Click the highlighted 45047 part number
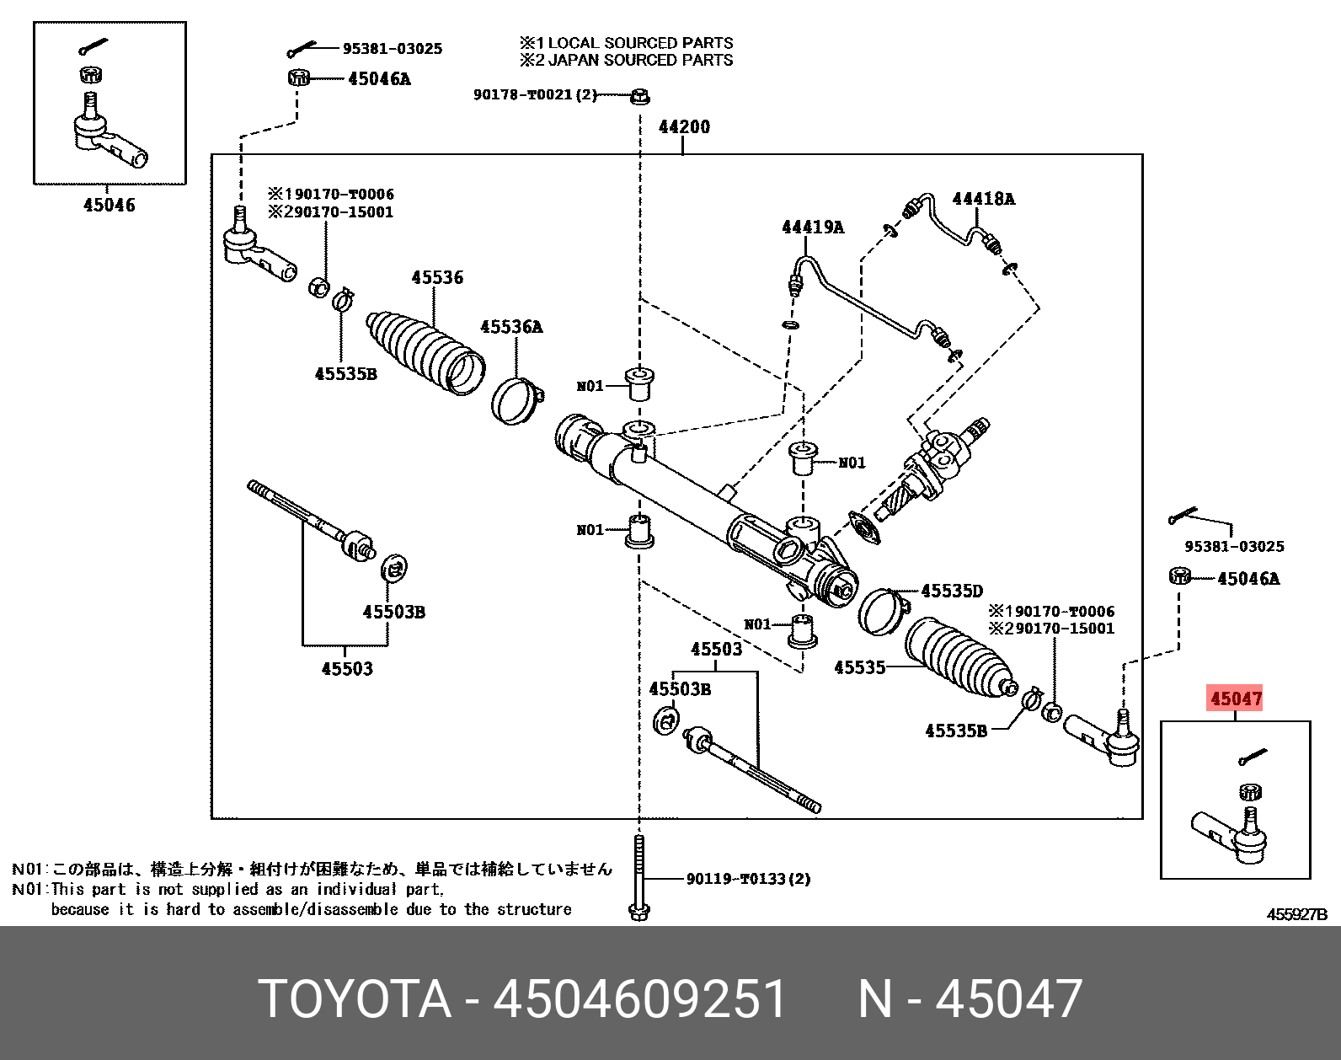tap(1236, 699)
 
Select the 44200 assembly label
tap(684, 127)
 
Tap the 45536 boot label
tap(436, 277)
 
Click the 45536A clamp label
tap(511, 326)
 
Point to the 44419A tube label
tap(812, 227)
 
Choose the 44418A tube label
tap(983, 199)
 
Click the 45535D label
tap(951, 592)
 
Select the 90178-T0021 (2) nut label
tap(535, 95)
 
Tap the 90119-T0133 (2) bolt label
tap(748, 879)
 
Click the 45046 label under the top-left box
tap(109, 205)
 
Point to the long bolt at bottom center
tap(638, 876)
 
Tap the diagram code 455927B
tap(1296, 915)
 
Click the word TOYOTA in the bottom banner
tap(354, 999)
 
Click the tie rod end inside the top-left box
tap(110, 137)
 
